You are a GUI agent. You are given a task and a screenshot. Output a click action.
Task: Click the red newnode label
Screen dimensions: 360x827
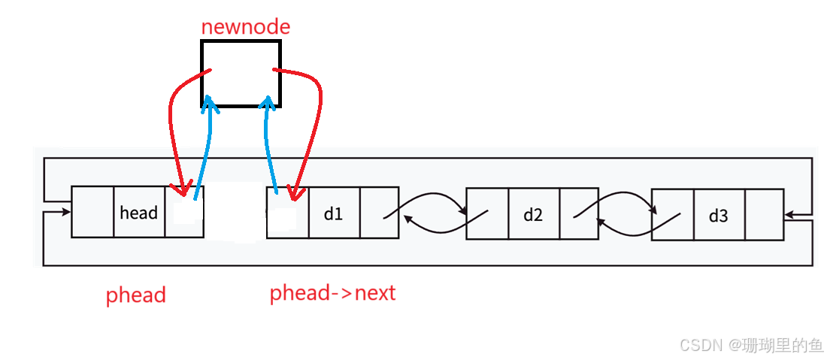tap(245, 28)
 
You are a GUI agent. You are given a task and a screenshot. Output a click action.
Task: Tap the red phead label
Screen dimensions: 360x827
tap(135, 295)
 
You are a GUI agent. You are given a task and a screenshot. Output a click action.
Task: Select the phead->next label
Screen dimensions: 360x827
tap(332, 293)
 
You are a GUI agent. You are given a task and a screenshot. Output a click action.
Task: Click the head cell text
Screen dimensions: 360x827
tap(139, 213)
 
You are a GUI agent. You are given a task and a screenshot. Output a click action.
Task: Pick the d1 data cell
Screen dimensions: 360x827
tap(333, 213)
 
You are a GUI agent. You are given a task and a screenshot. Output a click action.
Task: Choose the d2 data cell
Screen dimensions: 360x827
tap(533, 214)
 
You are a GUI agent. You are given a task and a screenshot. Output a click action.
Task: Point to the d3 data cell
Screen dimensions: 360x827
tap(718, 216)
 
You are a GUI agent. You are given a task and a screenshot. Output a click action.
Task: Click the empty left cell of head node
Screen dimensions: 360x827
tap(92, 212)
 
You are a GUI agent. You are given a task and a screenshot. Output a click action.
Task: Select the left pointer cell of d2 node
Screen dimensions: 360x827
tap(487, 214)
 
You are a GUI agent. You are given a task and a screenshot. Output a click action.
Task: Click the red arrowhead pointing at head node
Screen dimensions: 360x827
tap(179, 188)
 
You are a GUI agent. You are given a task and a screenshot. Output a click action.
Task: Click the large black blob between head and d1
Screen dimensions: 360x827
tap(235, 212)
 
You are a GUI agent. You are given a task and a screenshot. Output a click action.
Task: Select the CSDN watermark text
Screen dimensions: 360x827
tap(750, 344)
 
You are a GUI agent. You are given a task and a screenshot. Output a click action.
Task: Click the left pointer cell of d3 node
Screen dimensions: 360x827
tap(672, 216)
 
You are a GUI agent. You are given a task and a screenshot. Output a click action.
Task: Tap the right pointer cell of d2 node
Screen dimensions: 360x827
tap(579, 214)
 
